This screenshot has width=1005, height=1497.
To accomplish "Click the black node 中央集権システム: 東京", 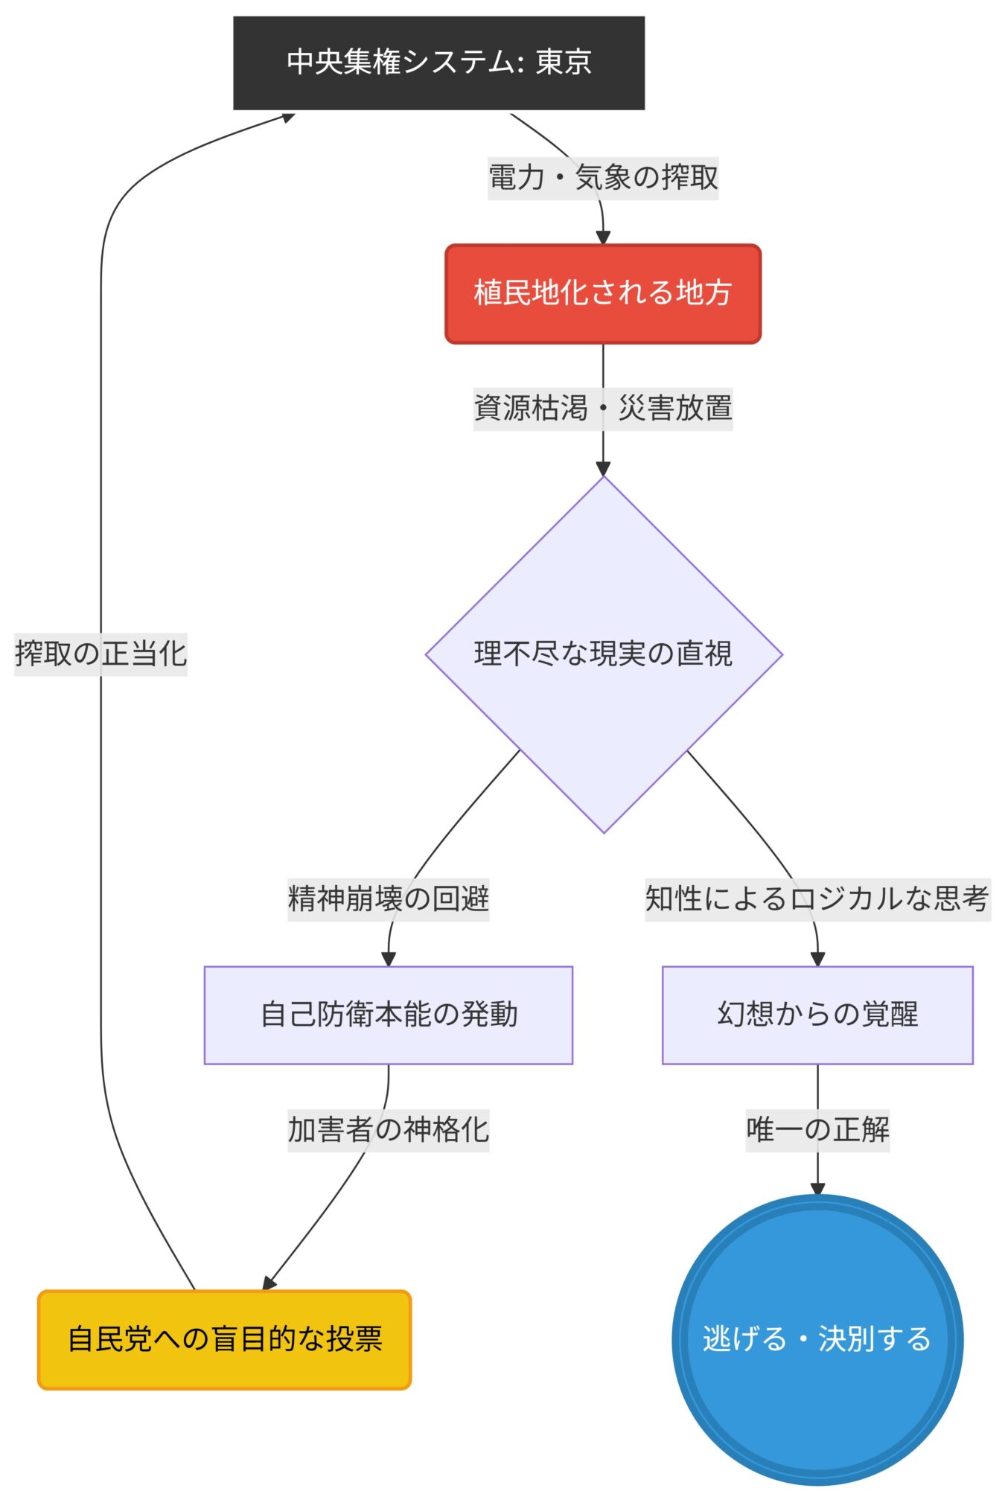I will point(438,63).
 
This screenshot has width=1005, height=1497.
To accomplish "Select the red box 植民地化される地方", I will point(602,293).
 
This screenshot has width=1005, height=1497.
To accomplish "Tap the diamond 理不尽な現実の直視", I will point(603,654).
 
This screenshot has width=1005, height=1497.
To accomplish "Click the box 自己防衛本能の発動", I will point(388,1014).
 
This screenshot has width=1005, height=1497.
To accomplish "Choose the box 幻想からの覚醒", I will point(817,1014).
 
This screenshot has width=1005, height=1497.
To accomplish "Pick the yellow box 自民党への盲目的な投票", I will point(224,1339).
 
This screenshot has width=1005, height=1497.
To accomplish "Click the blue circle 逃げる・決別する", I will point(817,1339).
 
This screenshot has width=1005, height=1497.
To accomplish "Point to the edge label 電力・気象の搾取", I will point(602,178).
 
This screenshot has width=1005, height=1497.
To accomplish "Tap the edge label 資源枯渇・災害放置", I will point(602,408).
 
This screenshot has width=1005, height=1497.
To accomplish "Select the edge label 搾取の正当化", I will point(100,654).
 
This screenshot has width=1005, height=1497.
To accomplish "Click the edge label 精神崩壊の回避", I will point(388,898).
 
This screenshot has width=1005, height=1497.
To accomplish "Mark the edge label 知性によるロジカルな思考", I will point(817,898).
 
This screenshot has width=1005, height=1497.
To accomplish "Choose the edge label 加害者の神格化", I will point(388,1129).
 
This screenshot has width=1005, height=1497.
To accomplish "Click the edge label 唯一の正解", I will point(817,1129).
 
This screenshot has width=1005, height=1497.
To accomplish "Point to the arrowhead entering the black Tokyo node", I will point(287,117).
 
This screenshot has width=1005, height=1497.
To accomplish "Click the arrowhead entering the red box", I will point(602,237).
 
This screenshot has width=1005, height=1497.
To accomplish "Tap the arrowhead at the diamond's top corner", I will point(602,469).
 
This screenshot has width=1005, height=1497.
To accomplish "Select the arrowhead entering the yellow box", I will point(269,1283).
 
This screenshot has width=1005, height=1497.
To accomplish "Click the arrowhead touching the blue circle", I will point(817,1189).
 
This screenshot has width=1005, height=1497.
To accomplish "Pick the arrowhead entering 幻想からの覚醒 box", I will point(817,959).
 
